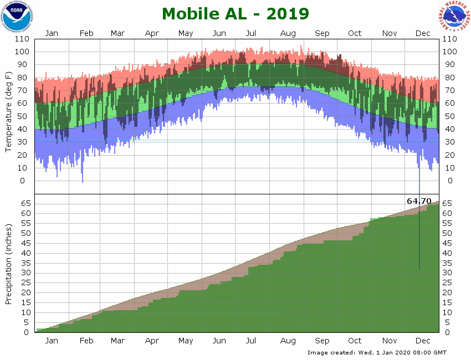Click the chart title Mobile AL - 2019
click(x=235, y=13)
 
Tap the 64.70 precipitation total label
click(x=419, y=200)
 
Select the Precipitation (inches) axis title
click(x=9, y=264)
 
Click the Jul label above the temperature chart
click(x=251, y=33)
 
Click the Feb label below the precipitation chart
click(x=86, y=340)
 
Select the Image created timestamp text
click(x=377, y=352)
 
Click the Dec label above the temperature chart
click(x=423, y=33)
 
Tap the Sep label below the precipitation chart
click(x=322, y=340)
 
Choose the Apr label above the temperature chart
click(x=152, y=33)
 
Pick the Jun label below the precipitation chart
click(x=219, y=340)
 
